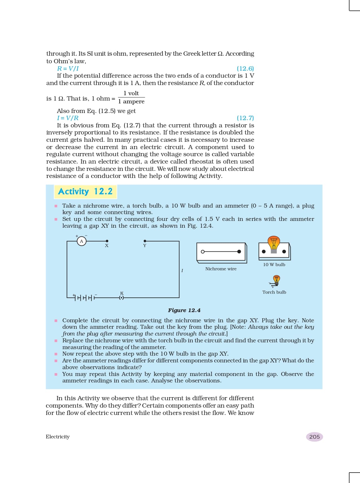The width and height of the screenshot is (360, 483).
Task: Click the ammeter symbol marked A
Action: pyautogui.click(x=82, y=241)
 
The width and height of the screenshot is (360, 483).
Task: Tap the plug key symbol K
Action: pyautogui.click(x=121, y=297)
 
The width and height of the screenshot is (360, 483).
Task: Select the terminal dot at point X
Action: pyautogui.click(x=106, y=241)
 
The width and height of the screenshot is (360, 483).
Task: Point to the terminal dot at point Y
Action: pyautogui.click(x=145, y=241)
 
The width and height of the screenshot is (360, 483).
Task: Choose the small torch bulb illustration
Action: pyautogui.click(x=276, y=280)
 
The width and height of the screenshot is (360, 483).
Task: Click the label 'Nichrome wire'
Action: pyautogui.click(x=221, y=269)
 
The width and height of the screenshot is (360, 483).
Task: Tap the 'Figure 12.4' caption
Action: pyautogui.click(x=184, y=310)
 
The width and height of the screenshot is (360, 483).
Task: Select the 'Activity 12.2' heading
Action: pyautogui.click(x=85, y=192)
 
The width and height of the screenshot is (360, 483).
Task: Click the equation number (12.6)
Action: pyautogui.click(x=245, y=68)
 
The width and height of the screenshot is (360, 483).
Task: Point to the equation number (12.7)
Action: pyautogui.click(x=245, y=118)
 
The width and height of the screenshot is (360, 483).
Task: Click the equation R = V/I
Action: pyautogui.click(x=68, y=68)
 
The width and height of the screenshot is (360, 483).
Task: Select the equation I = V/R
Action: pyautogui.click(x=68, y=118)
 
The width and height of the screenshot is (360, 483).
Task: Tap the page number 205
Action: pyautogui.click(x=314, y=437)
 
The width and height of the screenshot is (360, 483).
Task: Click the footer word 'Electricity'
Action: pyautogui.click(x=58, y=437)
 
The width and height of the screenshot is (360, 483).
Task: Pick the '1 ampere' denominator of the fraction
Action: pyautogui.click(x=131, y=101)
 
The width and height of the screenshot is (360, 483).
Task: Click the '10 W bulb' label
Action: pyautogui.click(x=274, y=265)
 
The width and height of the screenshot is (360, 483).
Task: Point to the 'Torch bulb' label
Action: pyautogui.click(x=274, y=292)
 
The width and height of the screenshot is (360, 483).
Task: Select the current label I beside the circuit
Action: pyautogui.click(x=182, y=271)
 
